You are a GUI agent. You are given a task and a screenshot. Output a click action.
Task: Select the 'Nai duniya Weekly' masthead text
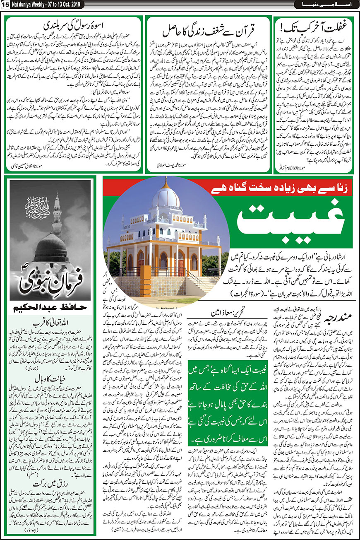tap(28, 4)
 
